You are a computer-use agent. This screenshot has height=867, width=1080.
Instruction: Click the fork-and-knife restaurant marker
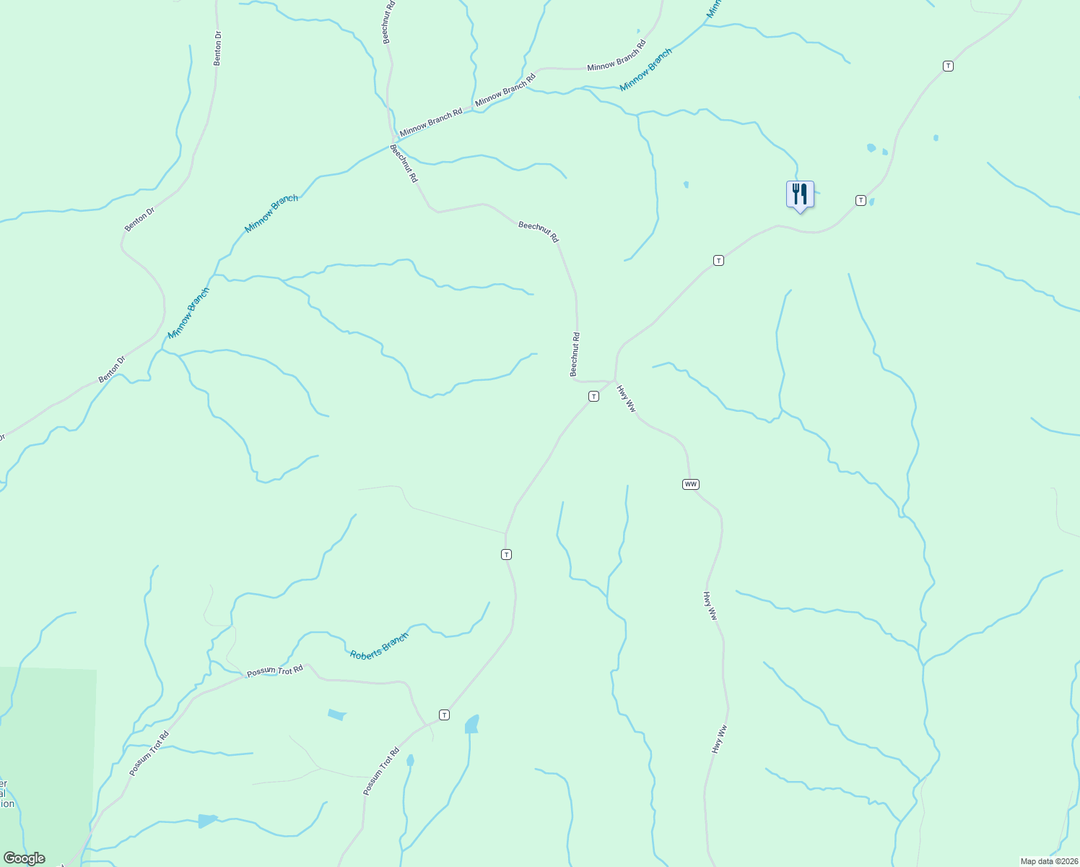(x=799, y=194)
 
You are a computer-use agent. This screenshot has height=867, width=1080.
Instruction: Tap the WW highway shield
(x=691, y=484)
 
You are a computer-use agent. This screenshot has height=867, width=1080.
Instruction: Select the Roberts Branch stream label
(x=379, y=645)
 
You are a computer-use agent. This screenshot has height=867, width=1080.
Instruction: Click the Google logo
(x=24, y=858)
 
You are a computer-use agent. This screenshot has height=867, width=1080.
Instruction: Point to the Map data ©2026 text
(x=1048, y=861)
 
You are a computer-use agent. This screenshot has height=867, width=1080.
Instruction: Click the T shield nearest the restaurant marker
(x=861, y=200)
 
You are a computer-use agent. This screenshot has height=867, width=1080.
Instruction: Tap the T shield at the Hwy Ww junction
(x=593, y=396)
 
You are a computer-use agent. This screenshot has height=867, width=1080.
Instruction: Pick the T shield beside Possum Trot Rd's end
(x=445, y=715)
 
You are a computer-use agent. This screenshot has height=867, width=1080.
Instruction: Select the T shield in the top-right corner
(x=948, y=66)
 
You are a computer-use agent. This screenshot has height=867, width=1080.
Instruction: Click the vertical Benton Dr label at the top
(x=217, y=48)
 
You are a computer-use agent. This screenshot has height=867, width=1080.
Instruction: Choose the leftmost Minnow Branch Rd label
(x=431, y=123)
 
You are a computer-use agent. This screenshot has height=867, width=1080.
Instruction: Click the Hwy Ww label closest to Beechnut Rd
(x=627, y=398)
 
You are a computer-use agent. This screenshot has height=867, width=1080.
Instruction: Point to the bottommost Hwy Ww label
(x=718, y=739)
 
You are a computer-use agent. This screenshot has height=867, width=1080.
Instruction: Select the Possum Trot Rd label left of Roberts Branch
(x=275, y=671)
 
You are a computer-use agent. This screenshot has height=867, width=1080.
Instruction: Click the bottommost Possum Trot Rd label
(x=381, y=772)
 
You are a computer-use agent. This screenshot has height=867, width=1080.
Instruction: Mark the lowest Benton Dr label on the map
(x=112, y=369)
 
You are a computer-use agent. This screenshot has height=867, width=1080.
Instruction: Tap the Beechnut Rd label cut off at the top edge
(x=387, y=22)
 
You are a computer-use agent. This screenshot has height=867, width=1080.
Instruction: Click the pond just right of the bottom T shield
(x=472, y=724)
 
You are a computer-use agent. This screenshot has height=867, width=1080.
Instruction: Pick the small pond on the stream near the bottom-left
(x=207, y=821)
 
